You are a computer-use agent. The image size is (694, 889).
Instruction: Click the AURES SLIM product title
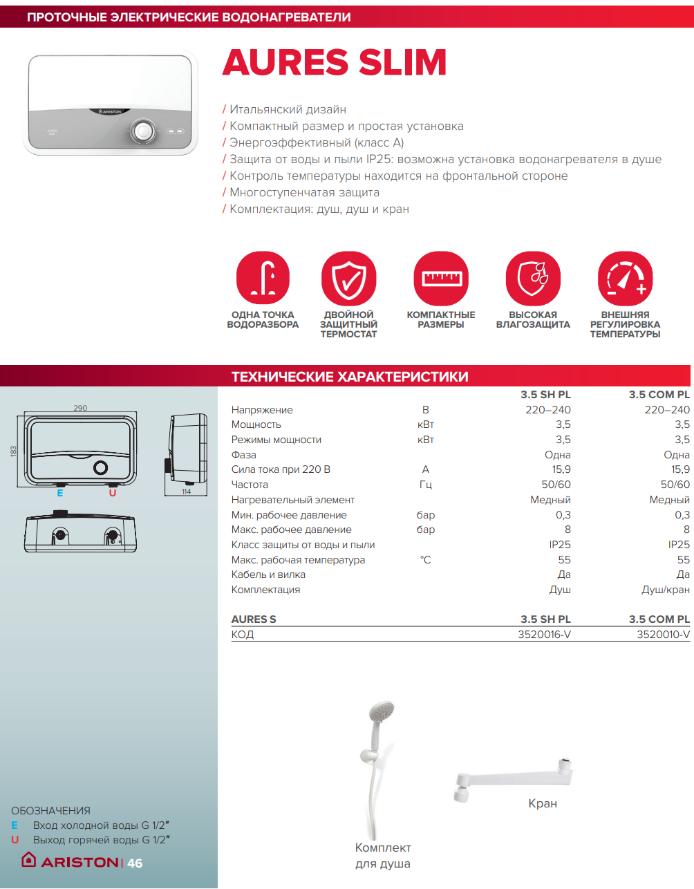(335, 63)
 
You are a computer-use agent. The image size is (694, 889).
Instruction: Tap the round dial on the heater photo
(143, 131)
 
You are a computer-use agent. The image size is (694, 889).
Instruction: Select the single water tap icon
(263, 279)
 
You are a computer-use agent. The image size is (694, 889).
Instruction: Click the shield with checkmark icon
(349, 279)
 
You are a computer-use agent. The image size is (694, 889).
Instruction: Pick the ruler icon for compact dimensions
(441, 279)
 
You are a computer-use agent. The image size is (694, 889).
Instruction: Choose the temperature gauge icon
(626, 279)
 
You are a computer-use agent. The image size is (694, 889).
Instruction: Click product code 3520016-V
(544, 635)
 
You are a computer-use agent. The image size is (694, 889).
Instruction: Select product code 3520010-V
(663, 635)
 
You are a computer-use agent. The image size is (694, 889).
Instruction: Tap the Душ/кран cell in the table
(666, 590)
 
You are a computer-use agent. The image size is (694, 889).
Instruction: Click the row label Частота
(250, 485)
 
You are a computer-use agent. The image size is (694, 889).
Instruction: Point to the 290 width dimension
(80, 408)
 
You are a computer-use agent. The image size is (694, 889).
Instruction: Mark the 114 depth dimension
(186, 492)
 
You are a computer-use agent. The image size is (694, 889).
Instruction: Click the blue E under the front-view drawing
(60, 493)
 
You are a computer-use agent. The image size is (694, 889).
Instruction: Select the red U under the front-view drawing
(113, 493)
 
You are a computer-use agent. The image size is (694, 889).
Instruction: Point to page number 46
(135, 863)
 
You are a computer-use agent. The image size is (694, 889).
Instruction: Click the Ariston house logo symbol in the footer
(28, 859)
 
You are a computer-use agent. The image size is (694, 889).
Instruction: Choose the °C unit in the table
(426, 560)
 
